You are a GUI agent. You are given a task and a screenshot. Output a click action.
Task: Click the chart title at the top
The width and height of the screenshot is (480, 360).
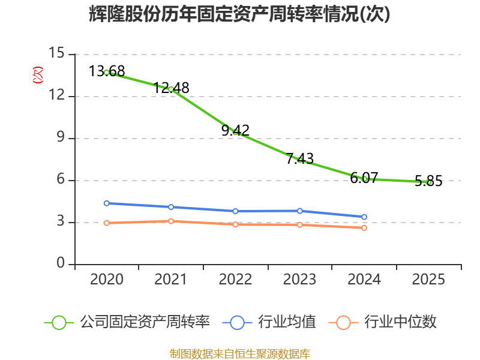click(239, 14)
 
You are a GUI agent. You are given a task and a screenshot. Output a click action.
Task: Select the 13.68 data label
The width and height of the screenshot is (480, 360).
click(107, 71)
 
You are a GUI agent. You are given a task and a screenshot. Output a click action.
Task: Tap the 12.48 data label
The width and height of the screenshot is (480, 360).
click(171, 88)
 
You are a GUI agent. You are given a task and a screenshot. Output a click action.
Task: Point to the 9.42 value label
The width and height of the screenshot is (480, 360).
click(235, 130)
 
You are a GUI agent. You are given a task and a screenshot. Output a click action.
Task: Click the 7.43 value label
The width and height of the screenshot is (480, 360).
click(300, 158)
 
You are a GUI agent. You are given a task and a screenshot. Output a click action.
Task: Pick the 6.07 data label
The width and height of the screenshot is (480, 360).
click(364, 178)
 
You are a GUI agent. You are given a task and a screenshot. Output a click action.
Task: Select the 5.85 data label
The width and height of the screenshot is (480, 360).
click(428, 181)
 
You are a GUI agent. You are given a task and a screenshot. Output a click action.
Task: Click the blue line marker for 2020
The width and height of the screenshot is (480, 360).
click(107, 203)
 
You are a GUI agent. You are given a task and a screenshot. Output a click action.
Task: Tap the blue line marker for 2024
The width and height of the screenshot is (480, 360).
click(364, 217)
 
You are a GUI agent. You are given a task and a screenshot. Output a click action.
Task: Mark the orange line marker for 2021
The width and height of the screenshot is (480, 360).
click(171, 221)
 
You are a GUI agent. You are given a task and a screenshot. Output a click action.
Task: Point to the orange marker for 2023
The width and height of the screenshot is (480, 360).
click(300, 225)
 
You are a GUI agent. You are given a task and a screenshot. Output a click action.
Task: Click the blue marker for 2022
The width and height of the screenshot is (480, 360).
click(235, 211)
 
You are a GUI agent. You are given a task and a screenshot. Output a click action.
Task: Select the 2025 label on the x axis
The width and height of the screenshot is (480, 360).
click(428, 279)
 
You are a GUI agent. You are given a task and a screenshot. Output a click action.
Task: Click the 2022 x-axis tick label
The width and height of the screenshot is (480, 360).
click(235, 279)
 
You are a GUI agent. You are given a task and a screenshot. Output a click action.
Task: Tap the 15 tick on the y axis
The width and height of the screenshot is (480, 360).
click(56, 53)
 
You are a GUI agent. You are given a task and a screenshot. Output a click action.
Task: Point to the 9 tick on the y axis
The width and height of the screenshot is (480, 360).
click(61, 137)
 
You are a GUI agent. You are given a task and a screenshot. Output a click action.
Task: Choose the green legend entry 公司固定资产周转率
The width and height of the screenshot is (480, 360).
click(127, 322)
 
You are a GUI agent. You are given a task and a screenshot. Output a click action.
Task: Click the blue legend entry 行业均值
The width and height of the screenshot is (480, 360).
click(269, 322)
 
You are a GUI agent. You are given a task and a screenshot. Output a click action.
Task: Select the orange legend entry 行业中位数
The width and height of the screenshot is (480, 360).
click(382, 322)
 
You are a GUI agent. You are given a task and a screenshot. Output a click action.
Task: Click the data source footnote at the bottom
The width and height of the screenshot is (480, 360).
click(240, 354)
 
